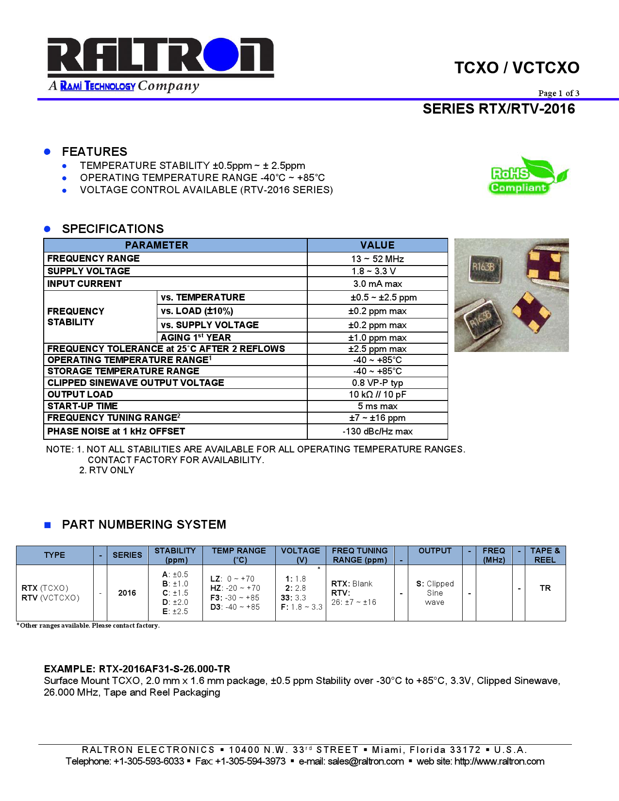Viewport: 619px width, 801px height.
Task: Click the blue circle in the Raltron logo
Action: click(221, 54)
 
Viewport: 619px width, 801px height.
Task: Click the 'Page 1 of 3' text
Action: click(558, 93)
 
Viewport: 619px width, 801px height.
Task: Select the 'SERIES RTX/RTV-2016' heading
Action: click(499, 109)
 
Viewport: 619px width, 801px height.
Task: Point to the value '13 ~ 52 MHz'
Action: click(377, 259)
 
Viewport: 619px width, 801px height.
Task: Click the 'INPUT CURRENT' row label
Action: click(84, 284)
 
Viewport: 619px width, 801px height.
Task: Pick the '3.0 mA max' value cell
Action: click(377, 284)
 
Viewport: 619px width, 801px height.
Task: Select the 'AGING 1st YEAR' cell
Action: click(196, 337)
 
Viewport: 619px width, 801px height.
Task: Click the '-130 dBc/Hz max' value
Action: click(377, 431)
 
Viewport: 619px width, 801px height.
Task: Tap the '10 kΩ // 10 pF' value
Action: click(377, 394)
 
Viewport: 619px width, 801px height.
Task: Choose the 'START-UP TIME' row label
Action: click(83, 406)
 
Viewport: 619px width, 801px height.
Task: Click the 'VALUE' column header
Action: click(377, 245)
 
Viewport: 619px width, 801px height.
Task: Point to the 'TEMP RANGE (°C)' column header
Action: click(239, 555)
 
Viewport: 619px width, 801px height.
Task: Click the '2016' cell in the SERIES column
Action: click(127, 593)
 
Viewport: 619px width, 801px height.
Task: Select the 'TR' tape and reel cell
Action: click(545, 588)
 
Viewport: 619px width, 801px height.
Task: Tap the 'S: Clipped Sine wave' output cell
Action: click(435, 593)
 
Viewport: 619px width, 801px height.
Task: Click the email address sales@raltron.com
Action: click(366, 761)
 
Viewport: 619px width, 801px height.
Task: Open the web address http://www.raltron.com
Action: click(499, 761)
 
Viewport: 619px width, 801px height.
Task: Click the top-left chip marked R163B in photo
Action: click(484, 267)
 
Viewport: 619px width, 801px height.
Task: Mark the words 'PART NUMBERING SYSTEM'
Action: click(144, 524)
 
